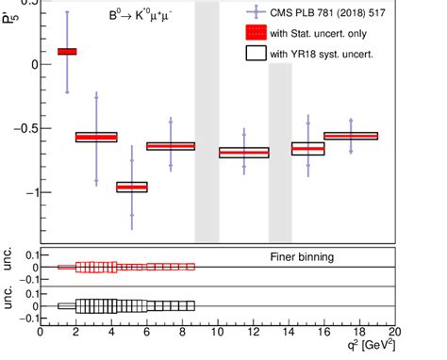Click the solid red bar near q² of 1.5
point(67,52)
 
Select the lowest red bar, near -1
point(131,187)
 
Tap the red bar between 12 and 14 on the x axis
point(243,152)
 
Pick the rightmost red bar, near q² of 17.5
point(351,136)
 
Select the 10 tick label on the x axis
point(218,332)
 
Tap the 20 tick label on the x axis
point(395,332)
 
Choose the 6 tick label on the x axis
point(146,332)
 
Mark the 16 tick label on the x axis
point(324,332)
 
